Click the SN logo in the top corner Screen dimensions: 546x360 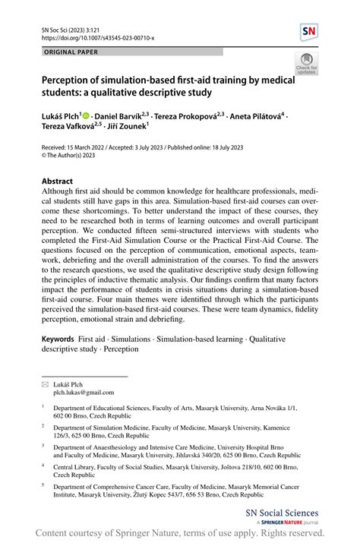(309, 32)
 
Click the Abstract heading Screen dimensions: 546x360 (57, 182)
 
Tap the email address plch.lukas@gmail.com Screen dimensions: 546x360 (83, 393)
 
